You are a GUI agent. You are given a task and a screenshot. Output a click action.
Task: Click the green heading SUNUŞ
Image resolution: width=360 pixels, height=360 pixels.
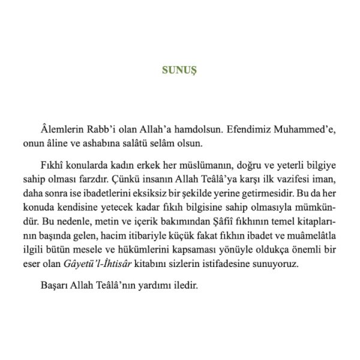pos(179,70)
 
